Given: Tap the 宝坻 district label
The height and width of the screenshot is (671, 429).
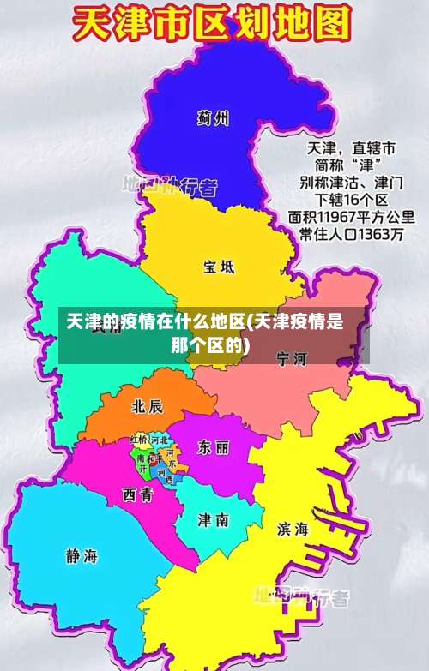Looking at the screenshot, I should coord(219,267).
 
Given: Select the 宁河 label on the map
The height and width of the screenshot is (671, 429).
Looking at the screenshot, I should coord(292,358).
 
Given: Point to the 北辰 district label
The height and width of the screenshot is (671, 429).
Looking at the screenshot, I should coord(147,405).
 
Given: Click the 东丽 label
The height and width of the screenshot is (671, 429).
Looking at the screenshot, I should coord(213,447).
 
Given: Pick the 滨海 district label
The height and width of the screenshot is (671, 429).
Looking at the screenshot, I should coord(293,529).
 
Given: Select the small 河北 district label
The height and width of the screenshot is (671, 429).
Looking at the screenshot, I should coord(159,440).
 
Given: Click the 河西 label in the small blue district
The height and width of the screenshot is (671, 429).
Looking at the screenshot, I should coord(165,476).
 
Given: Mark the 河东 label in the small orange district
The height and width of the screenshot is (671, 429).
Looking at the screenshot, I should coord(172,458).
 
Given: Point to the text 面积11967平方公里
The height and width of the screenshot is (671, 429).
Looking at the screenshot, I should coord(353,216).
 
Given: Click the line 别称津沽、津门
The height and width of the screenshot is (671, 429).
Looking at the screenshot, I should coord(347,182).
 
